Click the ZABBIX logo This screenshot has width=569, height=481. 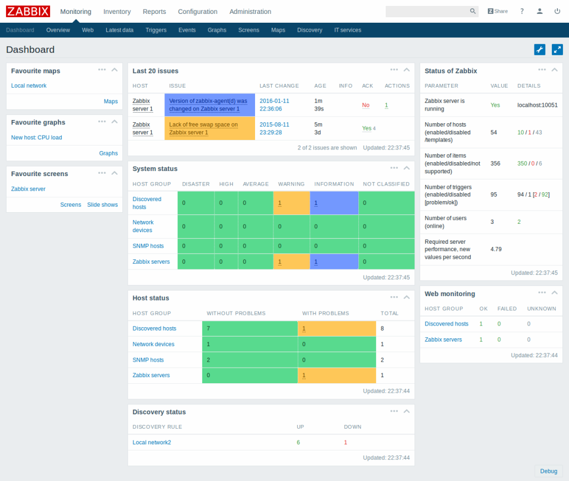(x=28, y=11)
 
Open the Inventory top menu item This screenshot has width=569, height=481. (x=117, y=12)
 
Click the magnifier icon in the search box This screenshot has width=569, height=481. (x=473, y=11)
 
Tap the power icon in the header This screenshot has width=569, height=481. (x=557, y=11)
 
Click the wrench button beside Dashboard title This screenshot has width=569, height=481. (x=540, y=49)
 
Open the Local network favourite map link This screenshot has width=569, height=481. (x=29, y=86)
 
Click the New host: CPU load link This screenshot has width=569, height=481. (x=37, y=137)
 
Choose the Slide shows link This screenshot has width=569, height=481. (x=102, y=204)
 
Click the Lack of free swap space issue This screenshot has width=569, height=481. (x=203, y=128)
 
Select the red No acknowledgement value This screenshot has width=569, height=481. (x=366, y=105)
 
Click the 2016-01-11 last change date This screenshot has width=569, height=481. (x=274, y=101)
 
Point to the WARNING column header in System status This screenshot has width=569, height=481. (x=291, y=184)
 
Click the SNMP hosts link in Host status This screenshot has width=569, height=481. (x=148, y=360)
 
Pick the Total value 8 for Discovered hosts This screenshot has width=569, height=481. (x=382, y=328)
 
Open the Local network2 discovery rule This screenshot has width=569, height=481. (x=152, y=442)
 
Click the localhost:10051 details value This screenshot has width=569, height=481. (x=537, y=105)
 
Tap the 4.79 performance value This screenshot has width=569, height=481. (x=496, y=249)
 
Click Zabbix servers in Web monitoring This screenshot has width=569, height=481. (x=443, y=339)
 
